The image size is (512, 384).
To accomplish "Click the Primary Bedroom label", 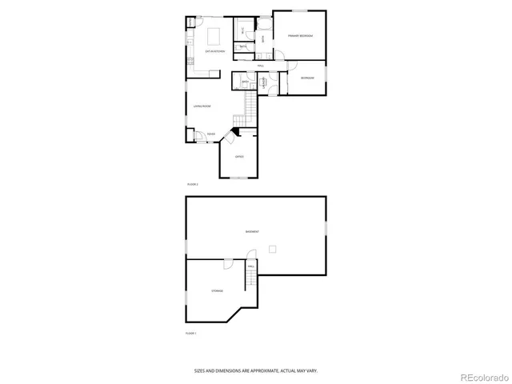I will [301, 37].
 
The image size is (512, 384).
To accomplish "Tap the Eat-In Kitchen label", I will [215, 51].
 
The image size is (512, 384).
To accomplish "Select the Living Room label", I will [202, 106].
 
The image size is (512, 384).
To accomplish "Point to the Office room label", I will [239, 156].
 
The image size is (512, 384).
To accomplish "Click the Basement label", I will [252, 231].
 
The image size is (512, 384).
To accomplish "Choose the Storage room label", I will [218, 290].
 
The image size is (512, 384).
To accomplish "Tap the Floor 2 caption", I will [192, 184].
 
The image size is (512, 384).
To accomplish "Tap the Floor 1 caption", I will [191, 332].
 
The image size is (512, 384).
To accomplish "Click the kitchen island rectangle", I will [214, 36].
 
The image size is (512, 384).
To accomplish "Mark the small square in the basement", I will [274, 250].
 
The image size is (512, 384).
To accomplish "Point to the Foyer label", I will [210, 134].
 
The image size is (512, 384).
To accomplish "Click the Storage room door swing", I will [228, 265].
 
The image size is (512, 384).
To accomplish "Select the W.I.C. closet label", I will [242, 30].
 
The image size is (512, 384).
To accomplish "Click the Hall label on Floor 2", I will [261, 65].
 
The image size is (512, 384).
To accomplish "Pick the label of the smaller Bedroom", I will [307, 78].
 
